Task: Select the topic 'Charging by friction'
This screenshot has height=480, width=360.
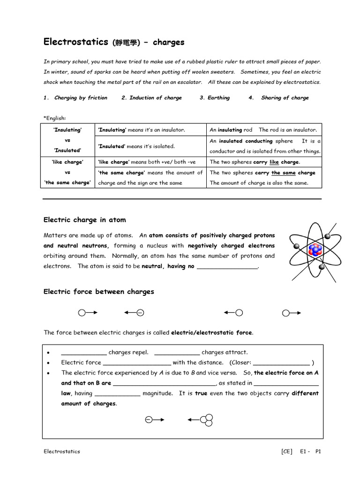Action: point(81,98)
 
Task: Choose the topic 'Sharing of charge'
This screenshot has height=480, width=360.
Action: point(285,98)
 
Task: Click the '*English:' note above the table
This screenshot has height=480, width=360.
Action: point(55,118)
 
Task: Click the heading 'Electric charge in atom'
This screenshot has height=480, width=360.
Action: point(84,220)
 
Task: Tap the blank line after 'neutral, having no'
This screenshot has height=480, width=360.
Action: point(227,267)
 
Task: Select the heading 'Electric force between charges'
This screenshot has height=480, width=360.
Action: point(98,292)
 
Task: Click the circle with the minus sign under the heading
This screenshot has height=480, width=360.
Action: point(140,313)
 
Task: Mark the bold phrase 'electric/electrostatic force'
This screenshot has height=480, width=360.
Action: point(212,333)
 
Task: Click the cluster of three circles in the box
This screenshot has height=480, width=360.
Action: point(207,420)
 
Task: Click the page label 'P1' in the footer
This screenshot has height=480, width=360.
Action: point(318,451)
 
